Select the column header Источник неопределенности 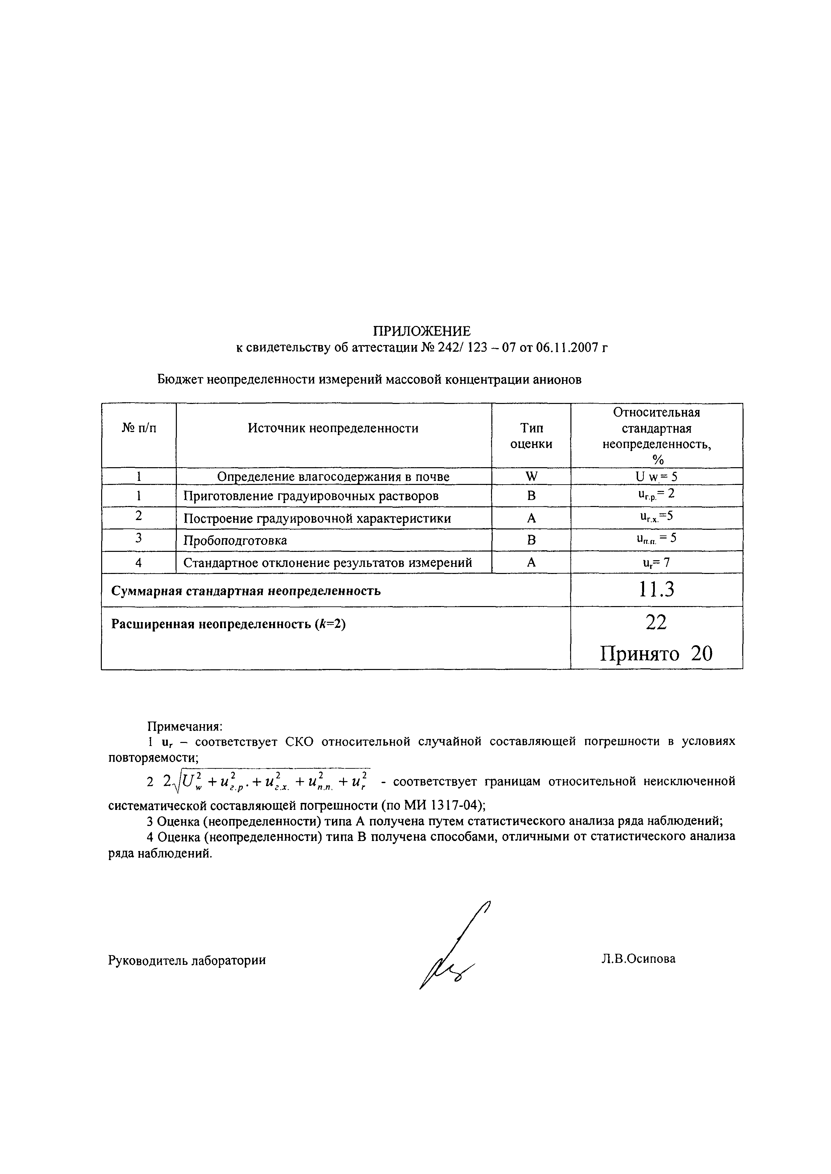333,428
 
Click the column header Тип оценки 531,436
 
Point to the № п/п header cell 139,428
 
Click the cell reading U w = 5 656,477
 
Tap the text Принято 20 656,654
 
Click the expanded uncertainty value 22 656,622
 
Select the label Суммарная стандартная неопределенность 246,591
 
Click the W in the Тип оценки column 531,477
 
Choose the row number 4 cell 139,563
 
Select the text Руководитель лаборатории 187,960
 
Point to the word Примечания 185,727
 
